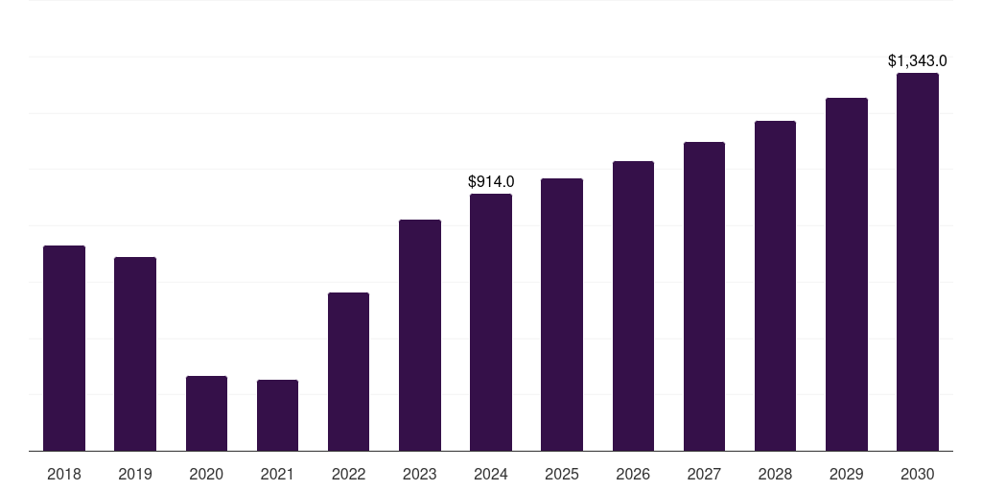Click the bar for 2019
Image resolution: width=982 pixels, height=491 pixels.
click(135, 354)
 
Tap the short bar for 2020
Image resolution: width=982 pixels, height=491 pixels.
click(206, 413)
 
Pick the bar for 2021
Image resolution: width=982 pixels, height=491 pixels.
click(277, 415)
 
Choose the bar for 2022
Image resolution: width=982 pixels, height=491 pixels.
click(348, 371)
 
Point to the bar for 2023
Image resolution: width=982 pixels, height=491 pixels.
click(420, 335)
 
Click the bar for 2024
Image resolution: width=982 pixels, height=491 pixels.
click(491, 322)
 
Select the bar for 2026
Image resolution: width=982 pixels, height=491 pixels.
click(633, 306)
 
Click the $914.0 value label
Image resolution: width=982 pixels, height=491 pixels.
click(491, 181)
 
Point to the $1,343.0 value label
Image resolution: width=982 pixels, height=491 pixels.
click(918, 61)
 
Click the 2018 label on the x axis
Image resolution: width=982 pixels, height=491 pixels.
click(64, 474)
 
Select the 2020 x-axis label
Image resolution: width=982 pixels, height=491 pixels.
click(206, 474)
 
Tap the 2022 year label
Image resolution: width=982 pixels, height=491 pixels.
click(348, 474)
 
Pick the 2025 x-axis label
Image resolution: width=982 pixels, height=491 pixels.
click(562, 474)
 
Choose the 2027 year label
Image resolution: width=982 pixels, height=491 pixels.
click(704, 474)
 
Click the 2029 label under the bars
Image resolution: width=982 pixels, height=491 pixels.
click(847, 474)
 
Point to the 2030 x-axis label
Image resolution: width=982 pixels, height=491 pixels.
click(918, 474)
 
